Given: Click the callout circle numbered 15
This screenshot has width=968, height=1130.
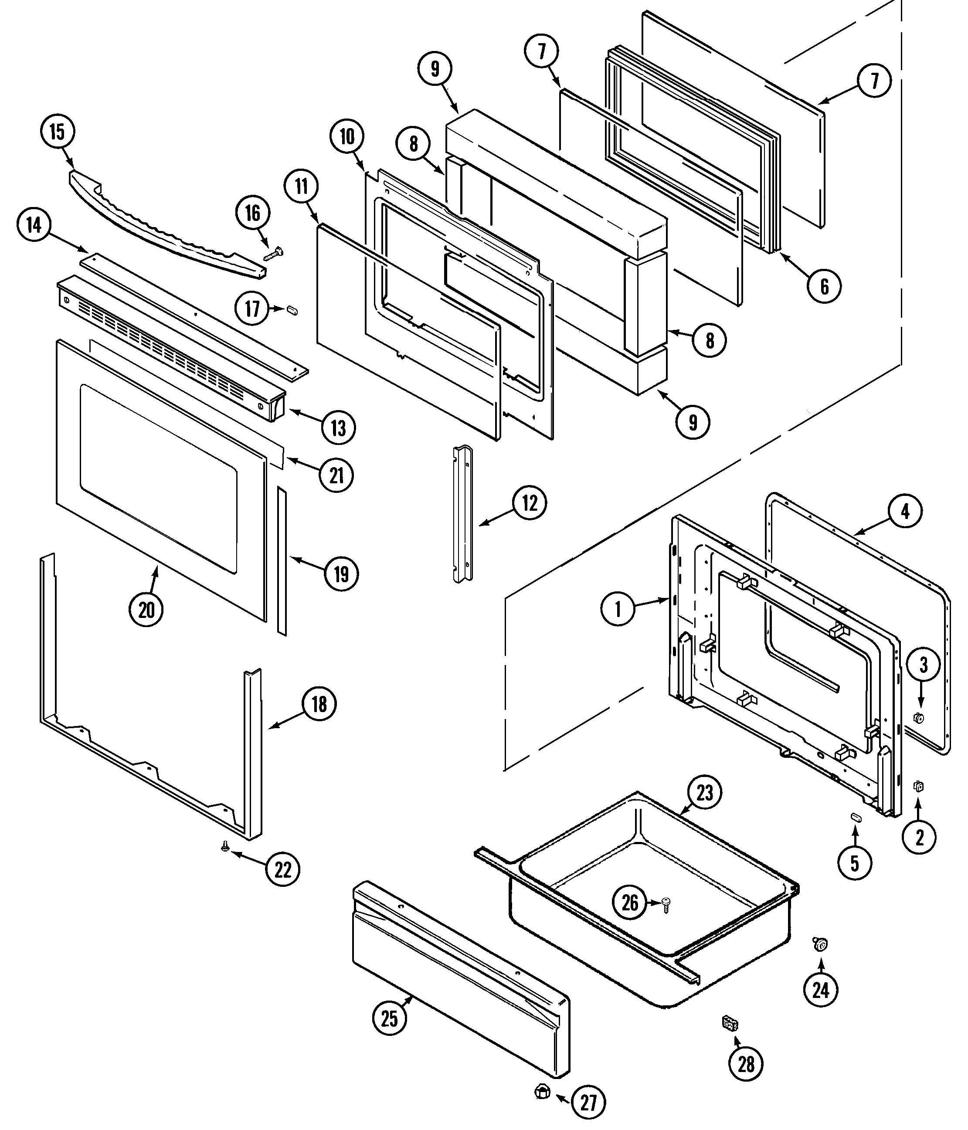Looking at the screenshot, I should [x=57, y=132].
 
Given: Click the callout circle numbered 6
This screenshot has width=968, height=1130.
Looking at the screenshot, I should [x=824, y=286].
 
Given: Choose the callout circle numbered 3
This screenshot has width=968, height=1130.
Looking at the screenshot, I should [x=923, y=665].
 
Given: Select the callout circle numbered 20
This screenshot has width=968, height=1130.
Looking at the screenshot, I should [x=146, y=610].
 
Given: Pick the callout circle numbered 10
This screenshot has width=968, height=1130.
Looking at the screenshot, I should [x=347, y=137].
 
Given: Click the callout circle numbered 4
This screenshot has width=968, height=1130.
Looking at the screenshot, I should [x=905, y=512].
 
